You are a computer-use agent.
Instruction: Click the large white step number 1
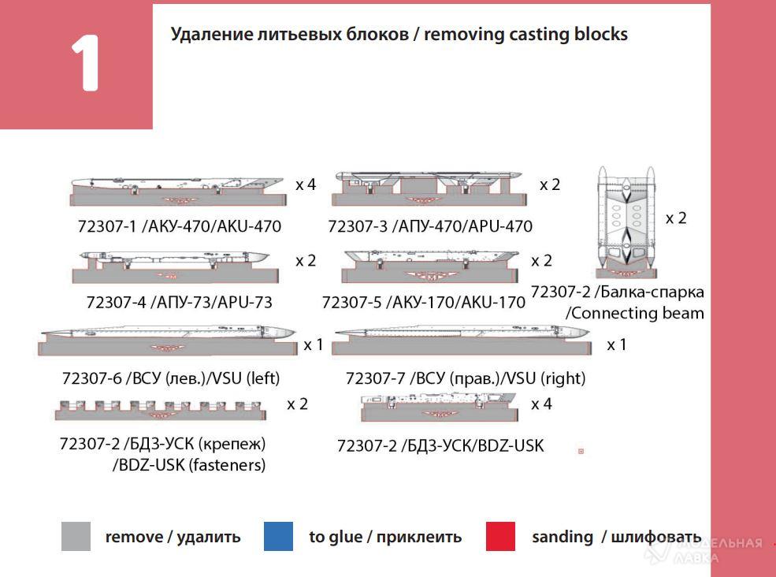pyautogui.click(x=85, y=65)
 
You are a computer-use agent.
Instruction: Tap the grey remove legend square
pyautogui.click(x=76, y=537)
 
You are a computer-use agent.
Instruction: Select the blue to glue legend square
pyautogui.click(x=279, y=537)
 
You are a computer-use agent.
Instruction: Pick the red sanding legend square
pyautogui.click(x=501, y=537)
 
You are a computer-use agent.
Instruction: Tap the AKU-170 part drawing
pyautogui.click(x=430, y=266)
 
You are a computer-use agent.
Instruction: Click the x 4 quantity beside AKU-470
pyautogui.click(x=306, y=184)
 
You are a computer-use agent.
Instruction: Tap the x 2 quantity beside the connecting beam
pyautogui.click(x=676, y=218)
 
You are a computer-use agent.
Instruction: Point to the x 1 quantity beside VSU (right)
pyautogui.click(x=617, y=344)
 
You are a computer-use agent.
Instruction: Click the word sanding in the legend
pyautogui.click(x=563, y=537)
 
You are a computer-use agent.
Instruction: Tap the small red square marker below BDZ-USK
pyautogui.click(x=581, y=452)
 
